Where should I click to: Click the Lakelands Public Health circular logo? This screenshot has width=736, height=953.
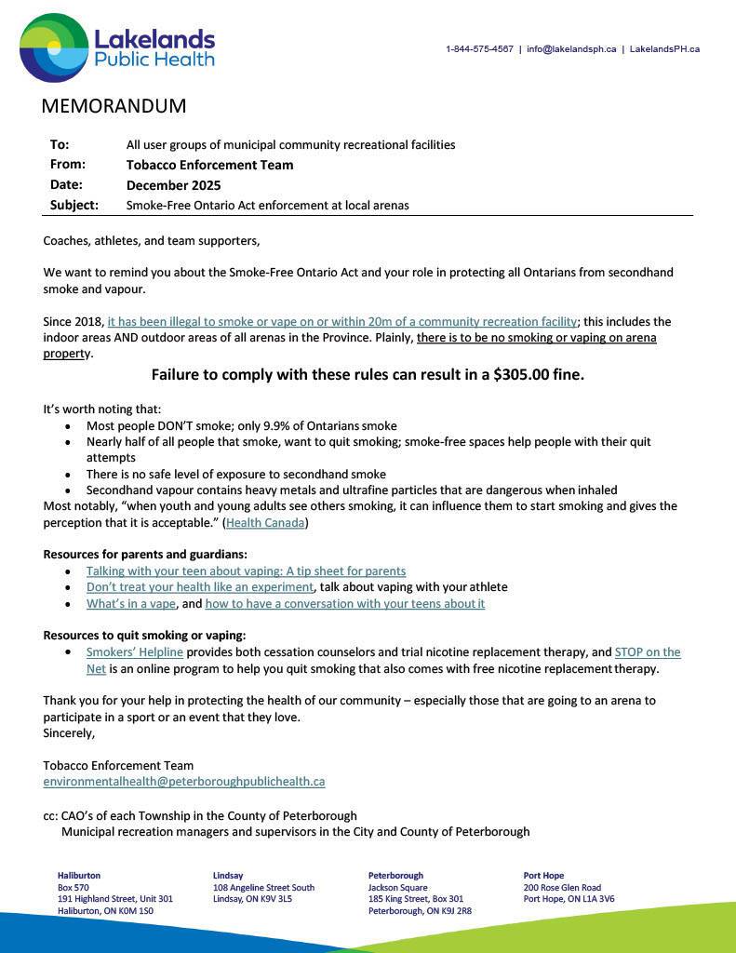pos(54,47)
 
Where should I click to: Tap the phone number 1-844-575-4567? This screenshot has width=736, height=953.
pos(479,49)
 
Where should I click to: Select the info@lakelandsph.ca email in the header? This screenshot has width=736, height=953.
pos(571,49)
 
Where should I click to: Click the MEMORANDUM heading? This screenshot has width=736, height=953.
pos(114,106)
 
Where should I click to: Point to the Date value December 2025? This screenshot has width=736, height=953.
pos(173,185)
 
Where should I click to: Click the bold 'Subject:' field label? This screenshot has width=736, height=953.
pos(74,205)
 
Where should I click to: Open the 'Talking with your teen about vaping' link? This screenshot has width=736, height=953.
pos(246,570)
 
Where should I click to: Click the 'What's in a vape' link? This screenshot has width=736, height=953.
pos(130,603)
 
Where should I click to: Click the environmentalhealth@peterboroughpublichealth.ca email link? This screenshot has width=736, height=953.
pos(183,782)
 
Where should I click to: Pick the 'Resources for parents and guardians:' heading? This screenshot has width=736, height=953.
pos(145,554)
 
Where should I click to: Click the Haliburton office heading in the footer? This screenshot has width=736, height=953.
pos(79,876)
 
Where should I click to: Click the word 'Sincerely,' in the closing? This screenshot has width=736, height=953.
pos(69,733)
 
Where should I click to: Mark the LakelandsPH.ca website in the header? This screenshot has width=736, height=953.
pos(664,49)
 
